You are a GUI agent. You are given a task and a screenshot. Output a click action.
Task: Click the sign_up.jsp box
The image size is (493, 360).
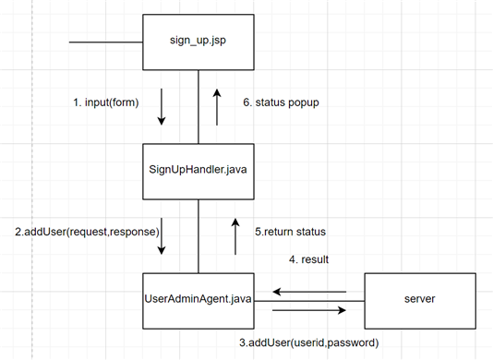(x=198, y=42)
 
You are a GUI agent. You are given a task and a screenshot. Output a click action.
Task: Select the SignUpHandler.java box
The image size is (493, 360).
(x=198, y=171)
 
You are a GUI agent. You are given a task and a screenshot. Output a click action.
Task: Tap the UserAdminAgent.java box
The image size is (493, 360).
(x=198, y=299)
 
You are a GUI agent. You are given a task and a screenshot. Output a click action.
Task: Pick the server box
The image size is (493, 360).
(x=420, y=299)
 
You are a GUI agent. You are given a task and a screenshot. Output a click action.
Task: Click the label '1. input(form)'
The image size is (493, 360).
(x=106, y=102)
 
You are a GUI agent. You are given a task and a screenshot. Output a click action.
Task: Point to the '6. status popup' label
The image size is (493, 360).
(x=282, y=102)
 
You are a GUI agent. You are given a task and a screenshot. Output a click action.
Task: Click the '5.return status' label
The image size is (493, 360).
(x=290, y=231)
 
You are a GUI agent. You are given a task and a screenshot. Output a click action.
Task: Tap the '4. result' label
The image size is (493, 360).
(x=308, y=259)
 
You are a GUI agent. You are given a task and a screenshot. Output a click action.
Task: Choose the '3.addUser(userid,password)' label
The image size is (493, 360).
(x=308, y=342)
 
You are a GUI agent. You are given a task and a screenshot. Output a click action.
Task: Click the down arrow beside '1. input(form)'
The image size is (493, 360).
(x=162, y=106)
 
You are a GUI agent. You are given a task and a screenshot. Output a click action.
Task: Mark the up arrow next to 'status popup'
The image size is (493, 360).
(x=217, y=106)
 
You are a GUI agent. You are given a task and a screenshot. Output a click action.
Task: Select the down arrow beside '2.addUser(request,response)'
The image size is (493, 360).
(x=162, y=237)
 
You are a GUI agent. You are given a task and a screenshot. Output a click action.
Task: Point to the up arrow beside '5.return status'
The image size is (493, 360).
(x=234, y=237)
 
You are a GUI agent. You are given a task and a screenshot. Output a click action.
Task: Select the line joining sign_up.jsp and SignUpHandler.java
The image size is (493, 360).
(x=198, y=106)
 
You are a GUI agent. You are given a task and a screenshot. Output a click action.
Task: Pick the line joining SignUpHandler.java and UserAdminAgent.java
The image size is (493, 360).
(x=198, y=235)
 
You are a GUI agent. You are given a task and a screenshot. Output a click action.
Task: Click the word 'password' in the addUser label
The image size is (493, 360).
(x=351, y=342)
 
